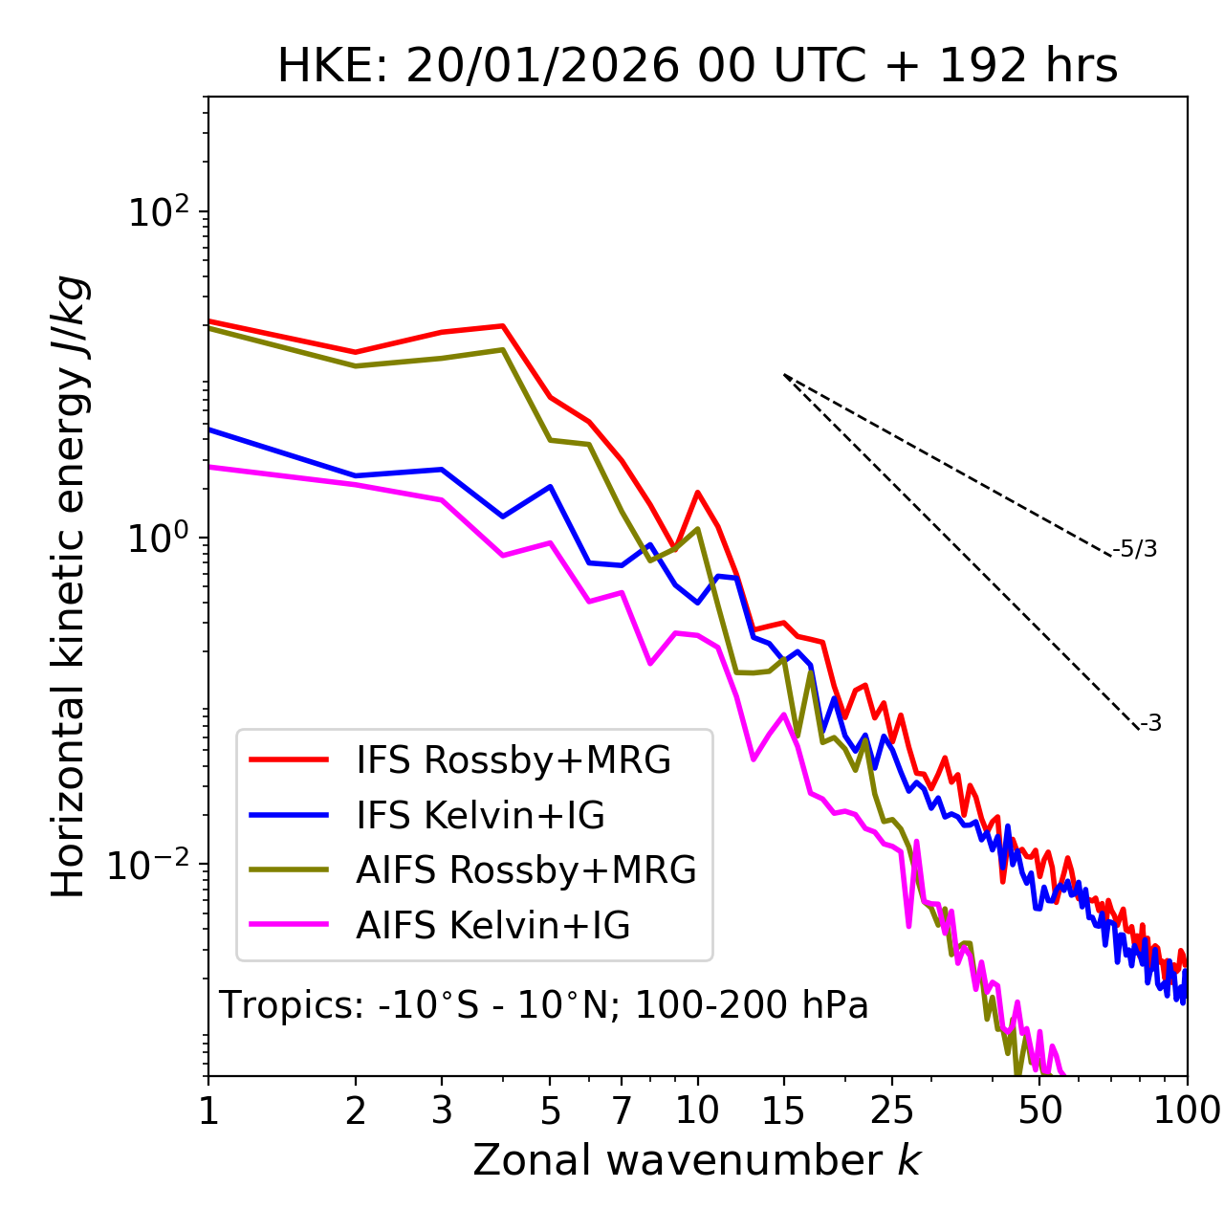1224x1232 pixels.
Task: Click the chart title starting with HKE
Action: [697, 67]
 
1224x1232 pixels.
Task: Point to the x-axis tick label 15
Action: [783, 1110]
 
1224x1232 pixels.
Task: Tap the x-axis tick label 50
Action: [1039, 1110]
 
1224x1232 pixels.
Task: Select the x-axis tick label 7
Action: [622, 1110]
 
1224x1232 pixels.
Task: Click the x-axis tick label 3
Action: [442, 1110]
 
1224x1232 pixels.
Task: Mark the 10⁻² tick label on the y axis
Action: [153, 865]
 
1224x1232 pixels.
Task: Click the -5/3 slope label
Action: [1135, 549]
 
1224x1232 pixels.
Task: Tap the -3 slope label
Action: [1151, 723]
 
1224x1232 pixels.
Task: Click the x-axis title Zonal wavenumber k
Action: [697, 1160]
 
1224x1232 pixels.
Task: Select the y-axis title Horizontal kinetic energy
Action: [69, 586]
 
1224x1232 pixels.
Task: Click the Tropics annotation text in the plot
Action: [543, 1005]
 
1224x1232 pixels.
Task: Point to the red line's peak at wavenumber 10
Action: [698, 493]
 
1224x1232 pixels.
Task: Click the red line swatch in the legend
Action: [289, 759]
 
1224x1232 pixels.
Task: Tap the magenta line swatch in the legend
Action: [289, 925]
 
